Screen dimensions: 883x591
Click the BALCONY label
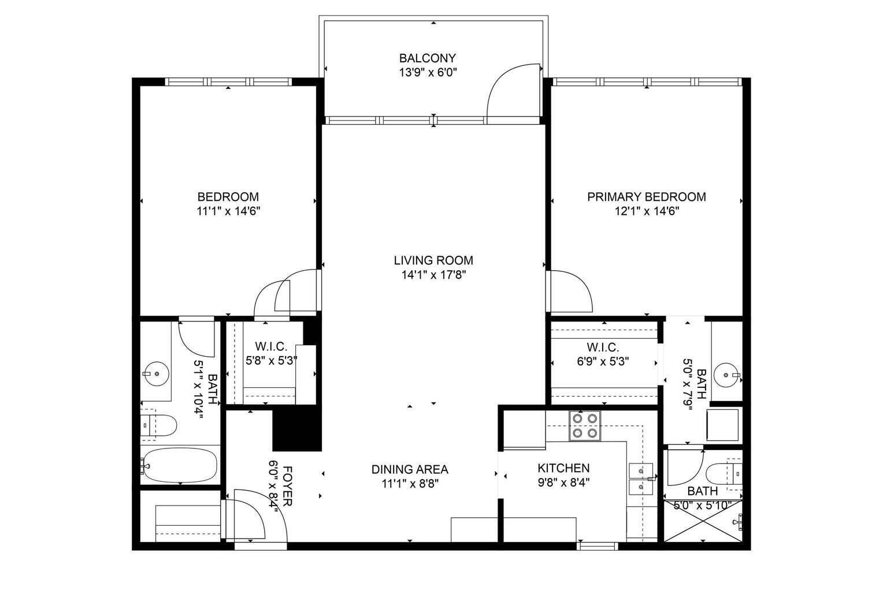427,58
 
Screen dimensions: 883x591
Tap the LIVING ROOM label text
433,260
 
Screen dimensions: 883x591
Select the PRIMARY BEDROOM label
647,197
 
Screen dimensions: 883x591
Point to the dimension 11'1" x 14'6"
229,211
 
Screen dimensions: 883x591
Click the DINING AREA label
410,469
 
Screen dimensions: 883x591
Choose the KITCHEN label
563,468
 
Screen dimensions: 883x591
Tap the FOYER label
288,487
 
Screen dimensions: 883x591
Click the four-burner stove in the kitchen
585,426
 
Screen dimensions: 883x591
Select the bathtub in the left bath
180,465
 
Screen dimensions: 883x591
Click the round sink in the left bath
157,373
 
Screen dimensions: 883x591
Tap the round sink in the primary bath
727,375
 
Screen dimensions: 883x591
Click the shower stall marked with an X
703,521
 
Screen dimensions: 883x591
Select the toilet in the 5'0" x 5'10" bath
724,474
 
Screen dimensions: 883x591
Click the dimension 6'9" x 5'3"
603,361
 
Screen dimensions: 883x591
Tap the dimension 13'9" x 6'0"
428,73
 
